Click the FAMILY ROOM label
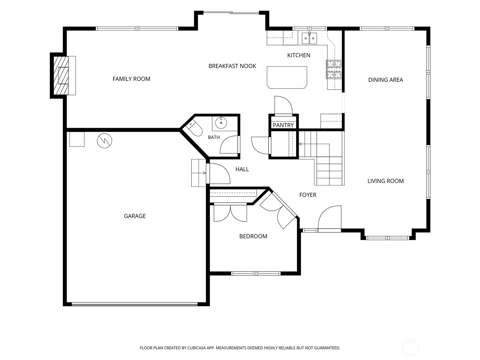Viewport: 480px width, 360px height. [x=131, y=79]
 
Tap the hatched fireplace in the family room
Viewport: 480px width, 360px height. [x=61, y=75]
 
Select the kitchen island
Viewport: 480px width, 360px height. [x=287, y=77]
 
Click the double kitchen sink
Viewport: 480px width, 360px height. [x=309, y=38]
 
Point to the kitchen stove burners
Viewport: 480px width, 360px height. [x=334, y=69]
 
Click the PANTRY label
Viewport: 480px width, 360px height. [x=283, y=125]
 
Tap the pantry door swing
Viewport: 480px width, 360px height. [x=283, y=105]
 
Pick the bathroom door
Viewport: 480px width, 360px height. [x=229, y=145]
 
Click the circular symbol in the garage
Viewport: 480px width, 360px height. [x=104, y=141]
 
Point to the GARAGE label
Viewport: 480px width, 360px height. [x=135, y=216]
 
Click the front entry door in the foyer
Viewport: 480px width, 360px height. [x=329, y=219]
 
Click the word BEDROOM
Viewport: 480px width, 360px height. [x=253, y=236]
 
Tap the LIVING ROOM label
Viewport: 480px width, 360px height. [x=385, y=181]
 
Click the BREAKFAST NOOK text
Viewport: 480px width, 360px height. [x=232, y=66]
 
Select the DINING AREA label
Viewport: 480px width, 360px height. [x=385, y=80]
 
